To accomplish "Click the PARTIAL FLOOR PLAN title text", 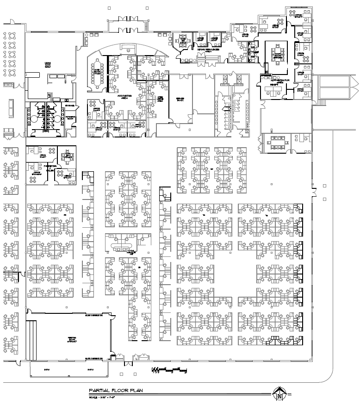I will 116,391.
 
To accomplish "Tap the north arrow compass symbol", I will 279,395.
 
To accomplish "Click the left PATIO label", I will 46,370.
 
